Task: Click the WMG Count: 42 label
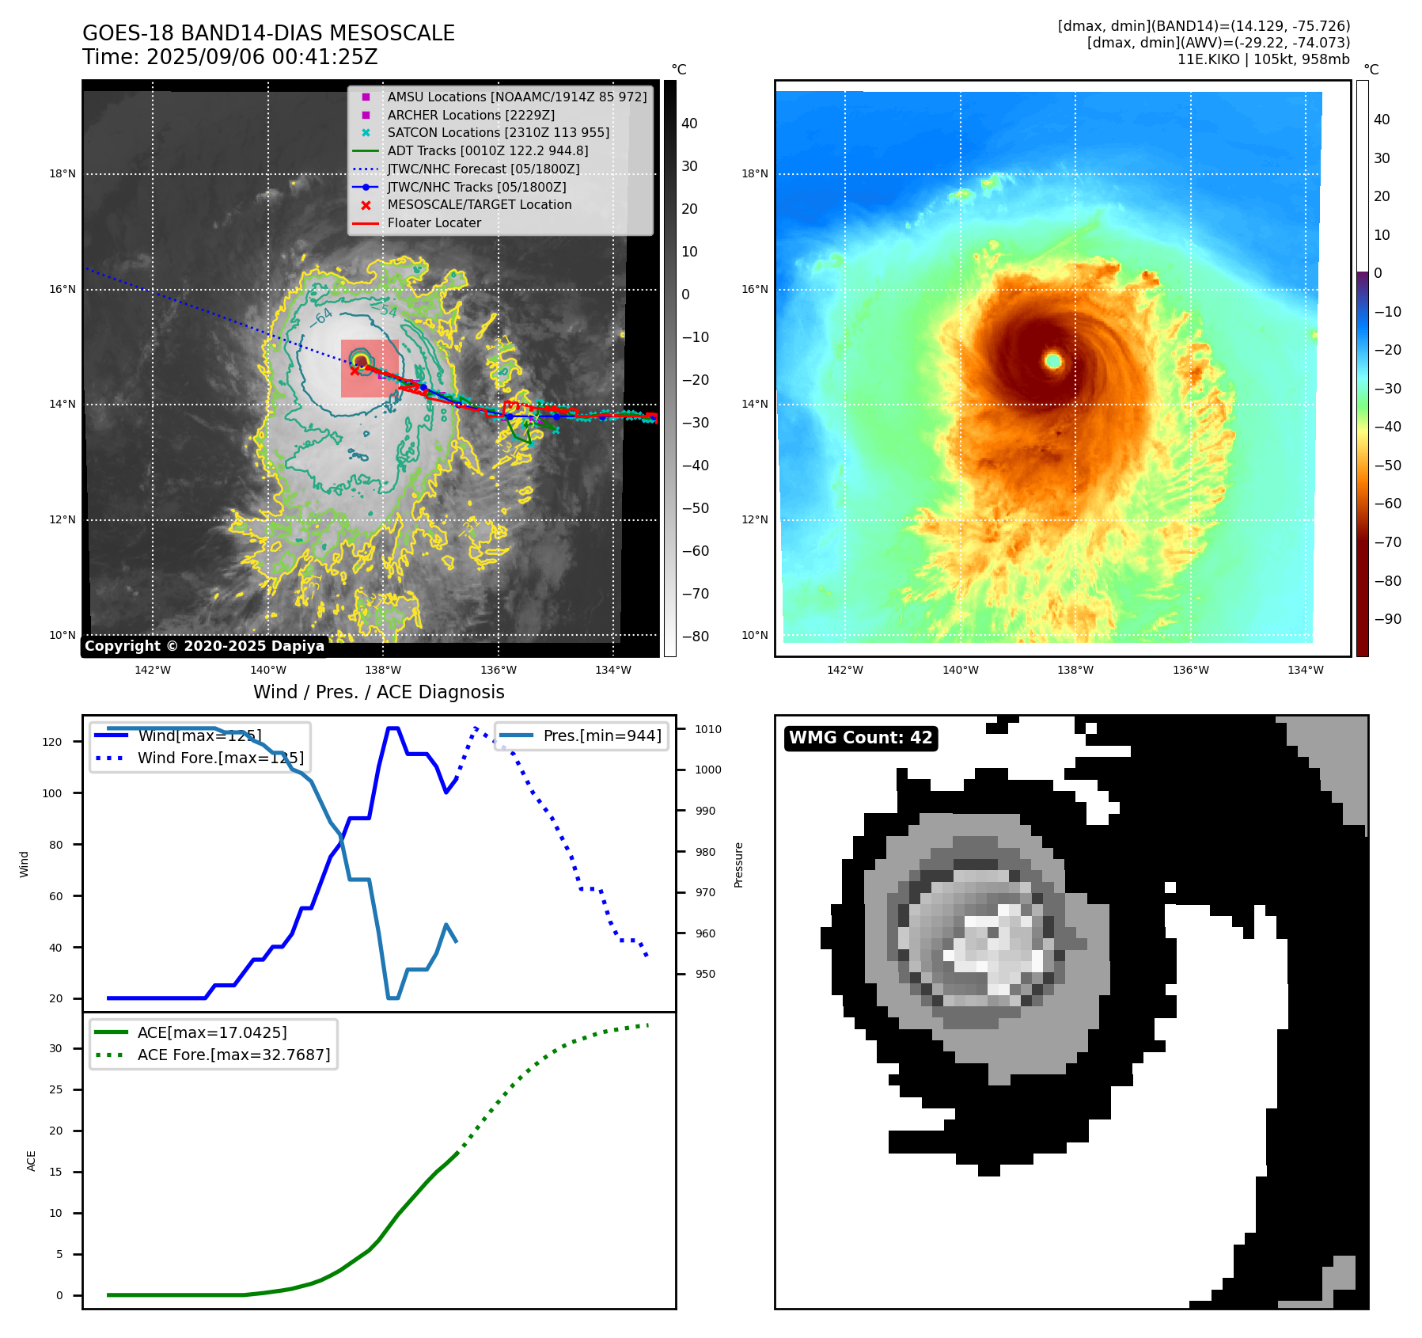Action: point(860,738)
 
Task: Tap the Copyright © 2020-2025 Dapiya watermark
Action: point(204,646)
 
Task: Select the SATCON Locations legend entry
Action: point(498,132)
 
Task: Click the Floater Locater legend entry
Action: point(434,222)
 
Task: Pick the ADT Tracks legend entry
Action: point(487,150)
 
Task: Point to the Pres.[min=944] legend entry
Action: point(601,736)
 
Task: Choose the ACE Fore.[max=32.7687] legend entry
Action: point(233,1055)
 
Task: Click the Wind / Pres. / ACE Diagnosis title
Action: point(378,692)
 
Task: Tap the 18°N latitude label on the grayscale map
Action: point(63,174)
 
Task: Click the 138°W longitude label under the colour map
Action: point(1075,670)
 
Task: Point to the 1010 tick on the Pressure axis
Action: point(708,729)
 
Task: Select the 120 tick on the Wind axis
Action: point(52,742)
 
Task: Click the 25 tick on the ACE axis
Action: point(55,1089)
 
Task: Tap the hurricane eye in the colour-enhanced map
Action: point(1052,361)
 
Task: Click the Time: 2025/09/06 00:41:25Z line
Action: point(229,58)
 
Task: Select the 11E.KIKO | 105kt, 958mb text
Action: point(1263,59)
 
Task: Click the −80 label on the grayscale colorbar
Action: point(695,637)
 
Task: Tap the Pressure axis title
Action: point(738,865)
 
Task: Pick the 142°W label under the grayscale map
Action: point(153,670)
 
